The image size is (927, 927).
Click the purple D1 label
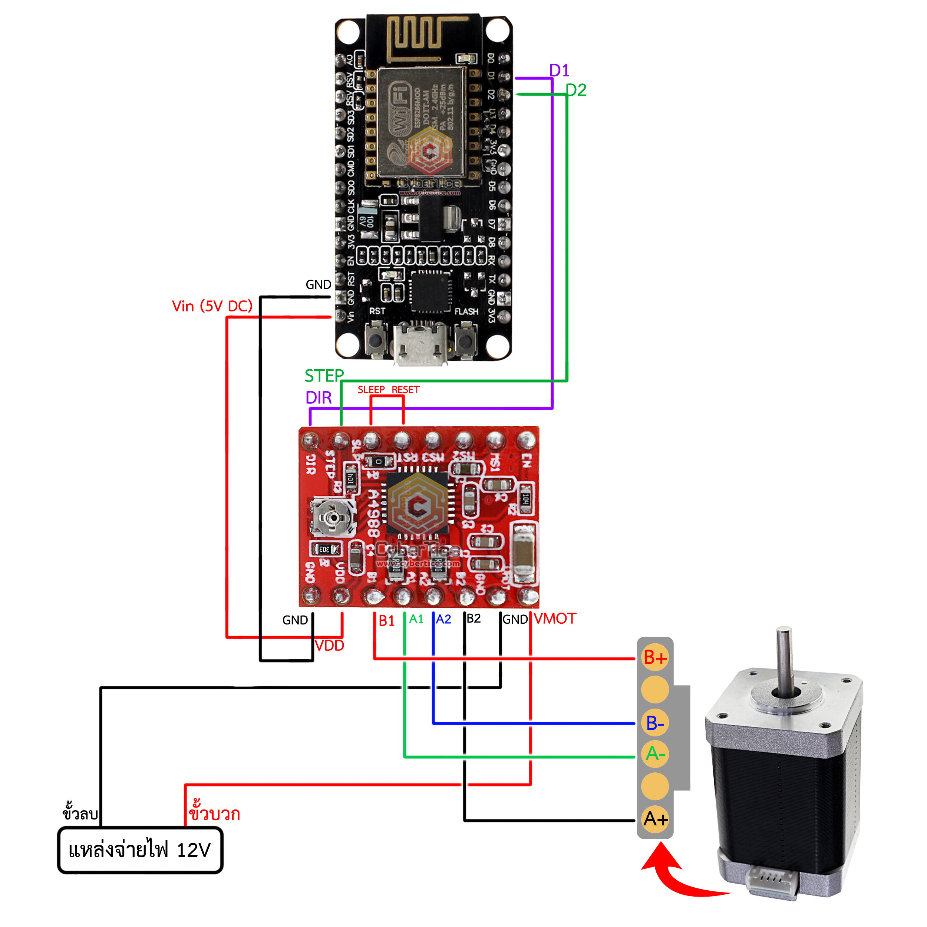tap(559, 70)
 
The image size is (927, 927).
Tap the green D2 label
tap(576, 90)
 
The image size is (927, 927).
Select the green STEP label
tap(324, 376)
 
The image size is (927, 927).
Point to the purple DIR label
tap(319, 398)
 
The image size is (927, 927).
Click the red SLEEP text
tap(371, 390)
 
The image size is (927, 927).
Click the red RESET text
tap(405, 390)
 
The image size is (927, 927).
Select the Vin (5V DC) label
tap(212, 306)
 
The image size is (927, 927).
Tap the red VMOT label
tap(555, 618)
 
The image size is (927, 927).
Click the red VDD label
tap(330, 646)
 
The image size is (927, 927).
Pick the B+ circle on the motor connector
tap(655, 658)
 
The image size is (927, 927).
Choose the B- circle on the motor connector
tap(655, 723)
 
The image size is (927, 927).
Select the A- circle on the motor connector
tap(655, 754)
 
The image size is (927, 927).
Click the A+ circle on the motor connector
tap(655, 819)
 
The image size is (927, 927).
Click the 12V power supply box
tap(140, 850)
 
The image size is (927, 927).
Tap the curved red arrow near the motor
tap(677, 878)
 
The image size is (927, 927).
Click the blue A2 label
tap(444, 620)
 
